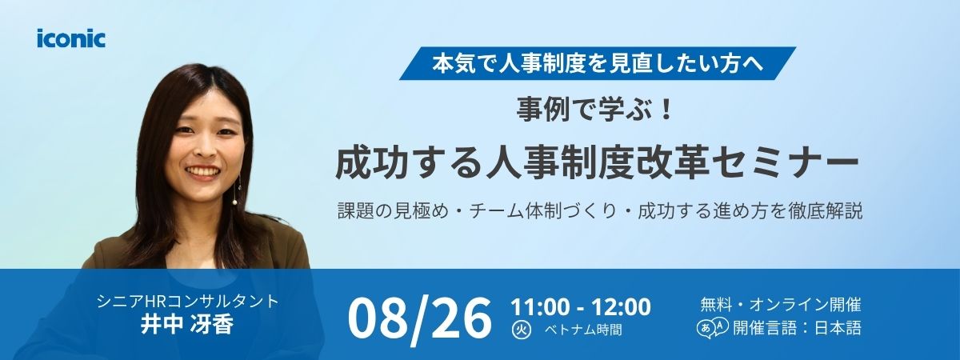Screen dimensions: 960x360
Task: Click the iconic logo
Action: tap(71, 38)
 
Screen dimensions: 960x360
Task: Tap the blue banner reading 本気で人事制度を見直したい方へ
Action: tap(598, 63)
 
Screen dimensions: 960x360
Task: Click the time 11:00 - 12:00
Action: tap(581, 307)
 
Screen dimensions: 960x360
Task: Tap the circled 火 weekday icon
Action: tap(522, 330)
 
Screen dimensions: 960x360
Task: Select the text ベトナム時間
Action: tap(583, 330)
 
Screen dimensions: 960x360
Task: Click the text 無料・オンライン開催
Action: tap(781, 305)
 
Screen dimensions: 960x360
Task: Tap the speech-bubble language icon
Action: tap(713, 329)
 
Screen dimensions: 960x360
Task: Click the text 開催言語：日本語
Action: tap(797, 328)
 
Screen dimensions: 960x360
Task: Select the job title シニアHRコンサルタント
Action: tap(188, 302)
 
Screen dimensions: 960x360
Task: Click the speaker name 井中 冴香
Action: tap(187, 324)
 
